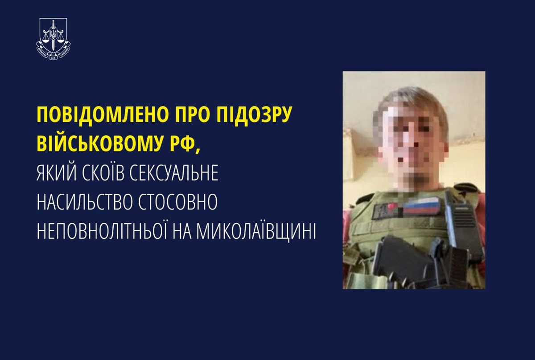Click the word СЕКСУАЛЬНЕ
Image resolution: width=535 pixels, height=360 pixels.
coord(178,174)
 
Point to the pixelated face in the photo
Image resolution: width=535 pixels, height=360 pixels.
coord(412,143)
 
